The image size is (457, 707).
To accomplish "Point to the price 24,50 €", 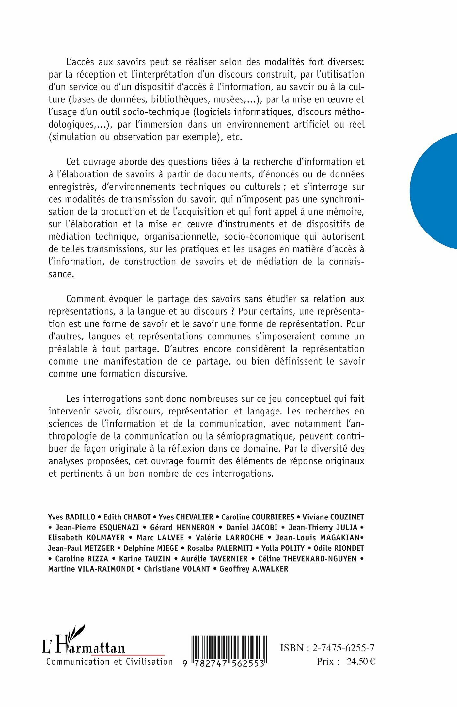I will coord(361,662).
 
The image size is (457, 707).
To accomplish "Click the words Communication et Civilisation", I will coord(109,662).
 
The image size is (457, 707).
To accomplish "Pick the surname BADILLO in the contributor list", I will coord(80,517).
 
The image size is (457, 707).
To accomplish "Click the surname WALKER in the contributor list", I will coord(273,569).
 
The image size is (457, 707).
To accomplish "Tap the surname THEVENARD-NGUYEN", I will coord(320,559).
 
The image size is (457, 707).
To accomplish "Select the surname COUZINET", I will coord(347,517).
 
